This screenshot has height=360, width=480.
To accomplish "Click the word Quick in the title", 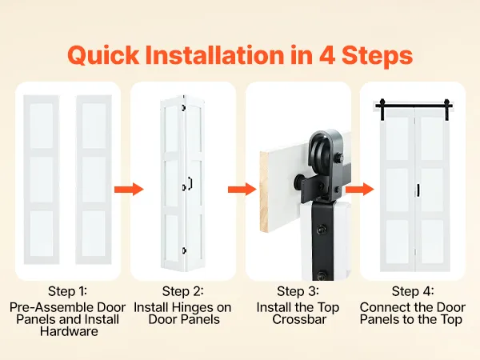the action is [x=103, y=55].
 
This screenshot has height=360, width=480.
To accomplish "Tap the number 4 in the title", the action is [x=327, y=55].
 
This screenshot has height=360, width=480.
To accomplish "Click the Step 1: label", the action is [x=67, y=291].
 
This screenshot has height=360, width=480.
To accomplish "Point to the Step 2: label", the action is [x=182, y=291].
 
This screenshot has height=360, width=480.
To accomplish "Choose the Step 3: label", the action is [x=298, y=291].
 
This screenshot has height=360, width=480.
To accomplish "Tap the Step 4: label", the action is [x=413, y=291].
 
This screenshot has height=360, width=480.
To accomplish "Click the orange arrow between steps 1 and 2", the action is [x=129, y=190].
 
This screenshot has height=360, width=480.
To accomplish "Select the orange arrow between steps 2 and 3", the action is [x=242, y=190].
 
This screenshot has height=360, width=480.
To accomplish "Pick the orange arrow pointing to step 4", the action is [x=360, y=189].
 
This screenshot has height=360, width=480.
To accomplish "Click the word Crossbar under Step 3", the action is [x=299, y=319].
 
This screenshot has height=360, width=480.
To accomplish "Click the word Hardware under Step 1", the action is [x=69, y=331].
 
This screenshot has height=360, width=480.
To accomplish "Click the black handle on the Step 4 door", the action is [x=418, y=190].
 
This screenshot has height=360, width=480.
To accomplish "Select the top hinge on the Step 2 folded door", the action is [x=184, y=107].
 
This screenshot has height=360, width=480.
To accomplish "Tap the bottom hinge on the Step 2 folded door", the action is [x=184, y=250].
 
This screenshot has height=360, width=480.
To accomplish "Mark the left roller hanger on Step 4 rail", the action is [x=382, y=109].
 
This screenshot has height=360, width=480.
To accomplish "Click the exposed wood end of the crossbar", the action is [x=264, y=192].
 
